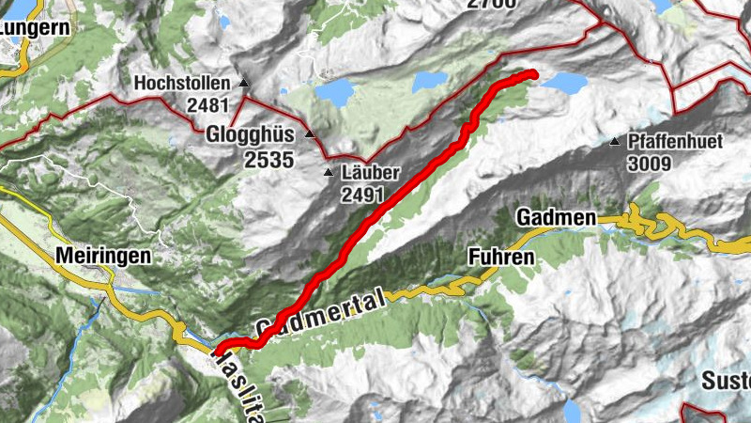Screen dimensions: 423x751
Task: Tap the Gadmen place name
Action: [556, 219]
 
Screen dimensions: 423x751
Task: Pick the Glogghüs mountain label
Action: [250, 133]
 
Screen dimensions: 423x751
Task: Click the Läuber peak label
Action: [372, 174]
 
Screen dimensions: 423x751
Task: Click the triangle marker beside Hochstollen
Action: [244, 83]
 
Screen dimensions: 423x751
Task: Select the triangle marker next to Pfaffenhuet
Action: [614, 142]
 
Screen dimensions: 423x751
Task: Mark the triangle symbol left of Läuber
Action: [329, 173]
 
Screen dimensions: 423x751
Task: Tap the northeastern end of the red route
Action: [532, 73]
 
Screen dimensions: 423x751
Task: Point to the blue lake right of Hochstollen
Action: [335, 91]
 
